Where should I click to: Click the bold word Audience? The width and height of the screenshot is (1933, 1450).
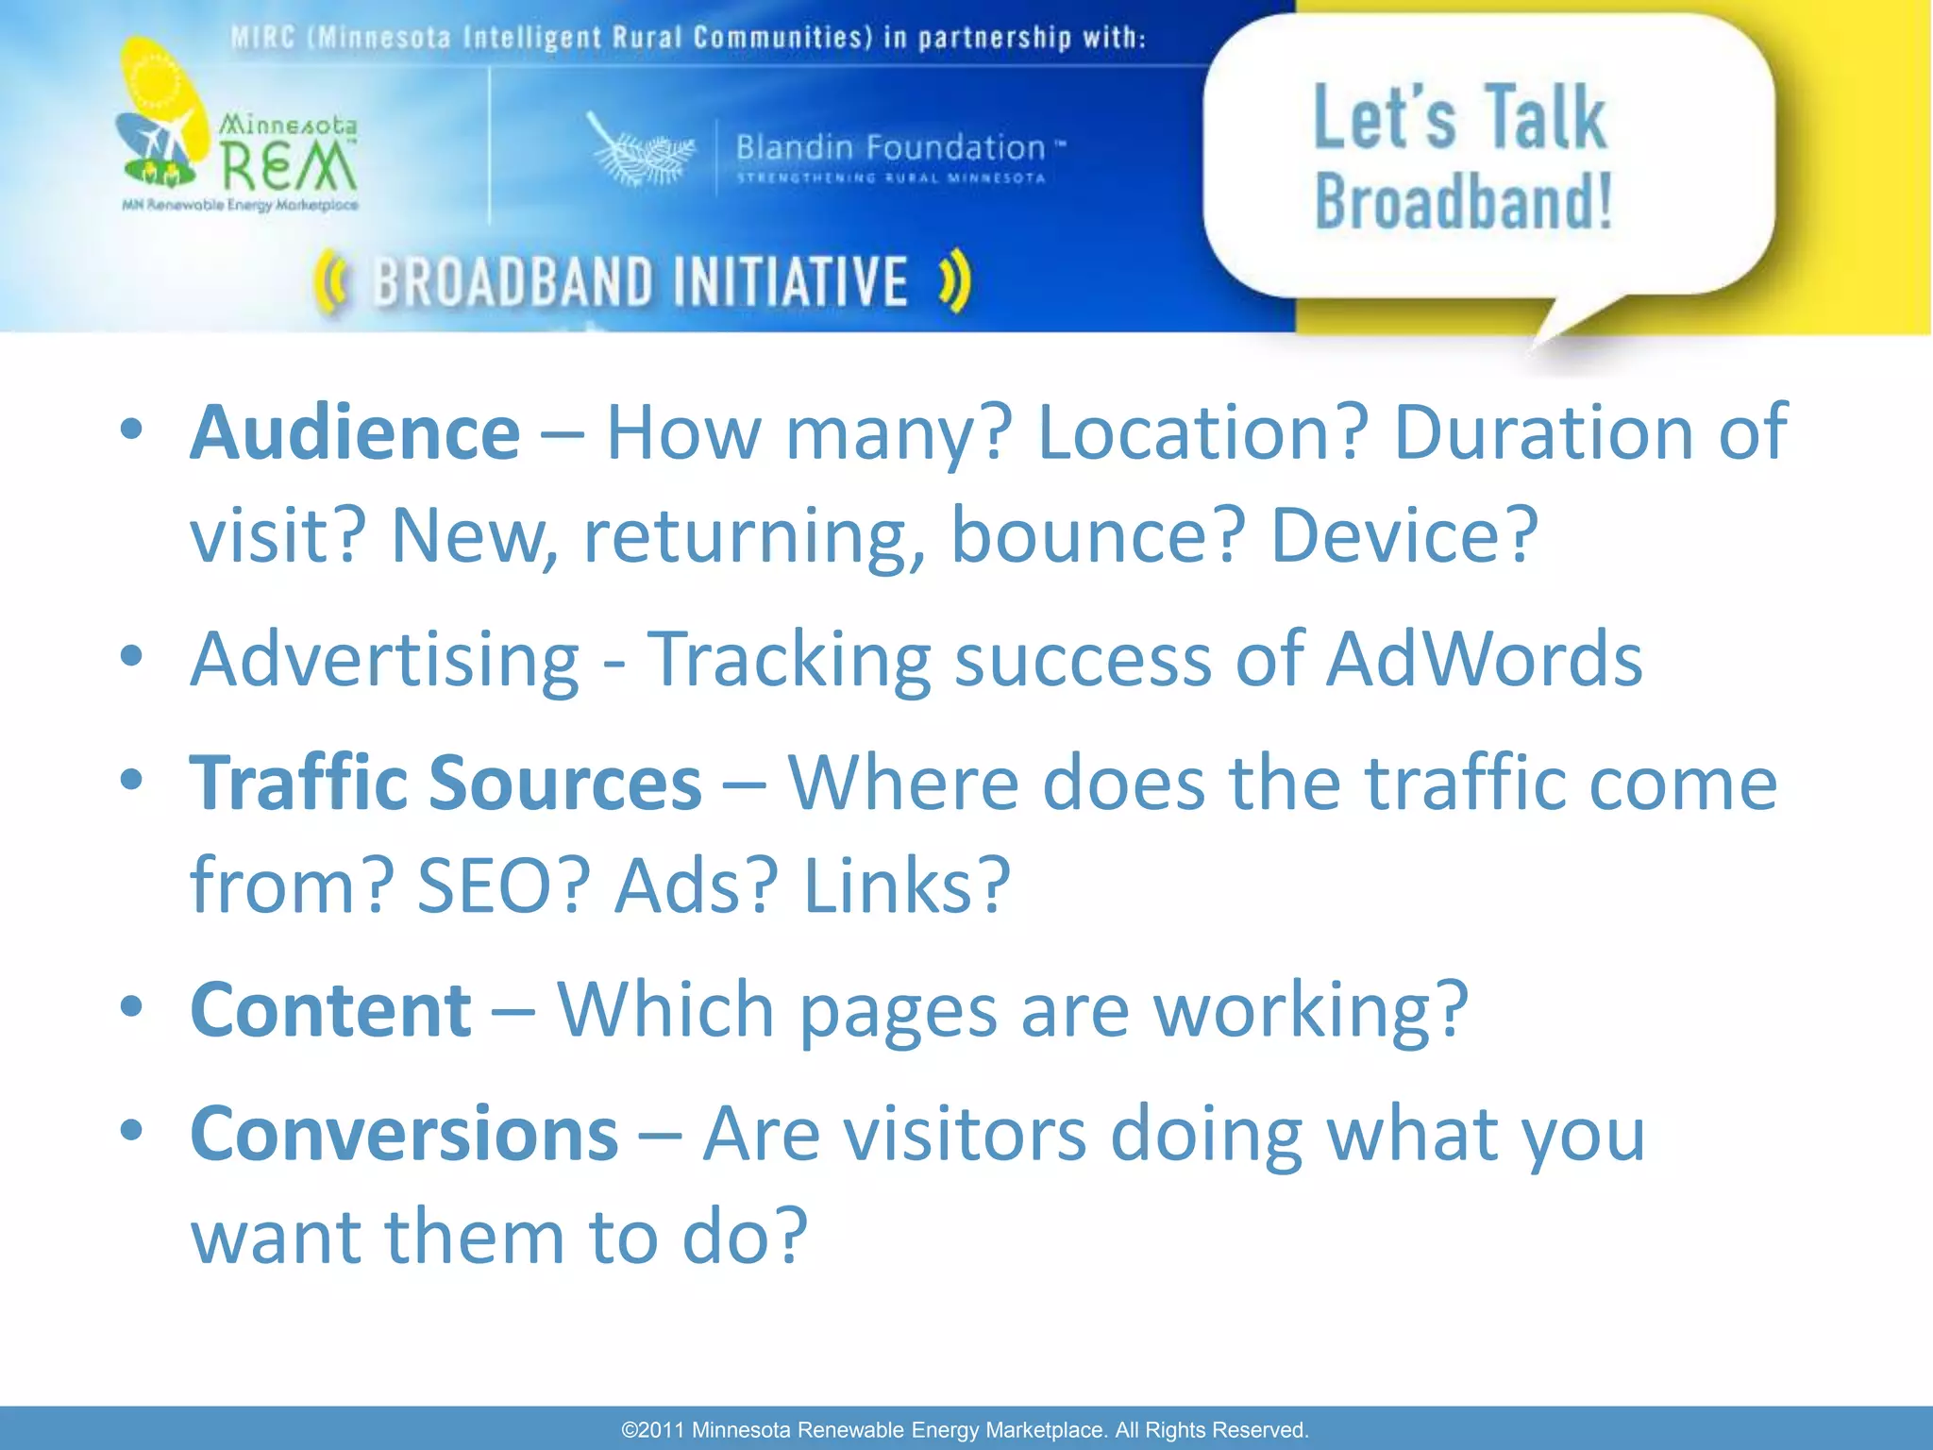point(355,433)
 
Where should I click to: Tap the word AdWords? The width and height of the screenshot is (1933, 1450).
point(1484,659)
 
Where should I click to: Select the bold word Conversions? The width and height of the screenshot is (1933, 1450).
point(404,1134)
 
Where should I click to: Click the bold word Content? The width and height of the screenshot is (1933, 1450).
point(330,1010)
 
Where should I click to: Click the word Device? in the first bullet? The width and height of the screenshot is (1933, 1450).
point(1404,535)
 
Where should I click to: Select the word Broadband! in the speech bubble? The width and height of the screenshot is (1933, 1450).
point(1463,202)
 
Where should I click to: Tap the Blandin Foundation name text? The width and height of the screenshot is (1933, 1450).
point(890,148)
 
